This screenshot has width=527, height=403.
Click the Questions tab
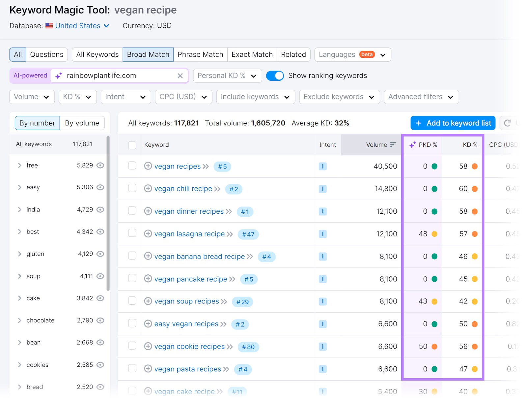pos(46,54)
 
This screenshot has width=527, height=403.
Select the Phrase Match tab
pos(200,54)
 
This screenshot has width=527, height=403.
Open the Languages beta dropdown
pos(352,54)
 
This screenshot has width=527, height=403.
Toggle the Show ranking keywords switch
pos(275,76)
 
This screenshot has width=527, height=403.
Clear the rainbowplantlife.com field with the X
pos(180,76)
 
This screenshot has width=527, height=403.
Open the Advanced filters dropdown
pos(421,97)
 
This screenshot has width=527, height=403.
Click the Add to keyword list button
pos(453,123)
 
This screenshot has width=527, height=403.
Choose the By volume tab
pos(82,123)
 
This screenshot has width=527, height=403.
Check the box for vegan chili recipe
pos(132,188)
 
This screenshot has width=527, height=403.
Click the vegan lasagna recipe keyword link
pos(189,234)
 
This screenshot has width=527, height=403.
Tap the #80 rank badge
pos(248,347)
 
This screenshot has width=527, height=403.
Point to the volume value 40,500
pos(385,166)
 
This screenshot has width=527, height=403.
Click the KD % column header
pos(470,145)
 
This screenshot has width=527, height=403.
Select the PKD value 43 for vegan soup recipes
pos(423,301)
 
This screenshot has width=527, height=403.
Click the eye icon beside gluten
pos(100,254)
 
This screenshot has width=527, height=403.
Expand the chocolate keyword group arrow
pos(19,321)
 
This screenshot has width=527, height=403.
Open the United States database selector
pos(82,26)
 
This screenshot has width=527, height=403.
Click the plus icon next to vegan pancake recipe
pos(148,279)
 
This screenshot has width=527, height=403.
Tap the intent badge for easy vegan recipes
pos(322,324)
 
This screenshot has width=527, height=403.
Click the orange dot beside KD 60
pos(475,189)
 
